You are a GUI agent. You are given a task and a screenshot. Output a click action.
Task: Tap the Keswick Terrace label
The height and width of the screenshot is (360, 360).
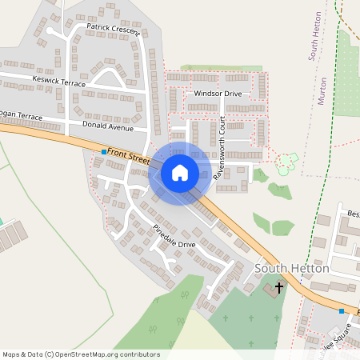click(x=58, y=81)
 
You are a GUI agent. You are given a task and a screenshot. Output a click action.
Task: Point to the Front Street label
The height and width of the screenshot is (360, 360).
click(x=129, y=154)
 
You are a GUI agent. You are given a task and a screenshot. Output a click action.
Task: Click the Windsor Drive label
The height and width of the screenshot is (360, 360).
click(x=218, y=94)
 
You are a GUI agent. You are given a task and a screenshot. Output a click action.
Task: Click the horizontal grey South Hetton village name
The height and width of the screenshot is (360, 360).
click(x=292, y=268)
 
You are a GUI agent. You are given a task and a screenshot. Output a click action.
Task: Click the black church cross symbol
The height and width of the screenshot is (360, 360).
click(x=279, y=286)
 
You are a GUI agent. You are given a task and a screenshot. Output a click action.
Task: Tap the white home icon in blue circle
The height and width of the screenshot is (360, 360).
click(x=180, y=172)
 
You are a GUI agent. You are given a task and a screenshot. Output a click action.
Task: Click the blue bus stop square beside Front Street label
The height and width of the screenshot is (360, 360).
click(x=104, y=151)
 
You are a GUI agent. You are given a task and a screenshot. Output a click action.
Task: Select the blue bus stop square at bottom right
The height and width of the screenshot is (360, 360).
click(x=342, y=310)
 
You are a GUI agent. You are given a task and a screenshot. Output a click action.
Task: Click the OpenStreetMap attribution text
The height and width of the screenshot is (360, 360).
click(x=81, y=354)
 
